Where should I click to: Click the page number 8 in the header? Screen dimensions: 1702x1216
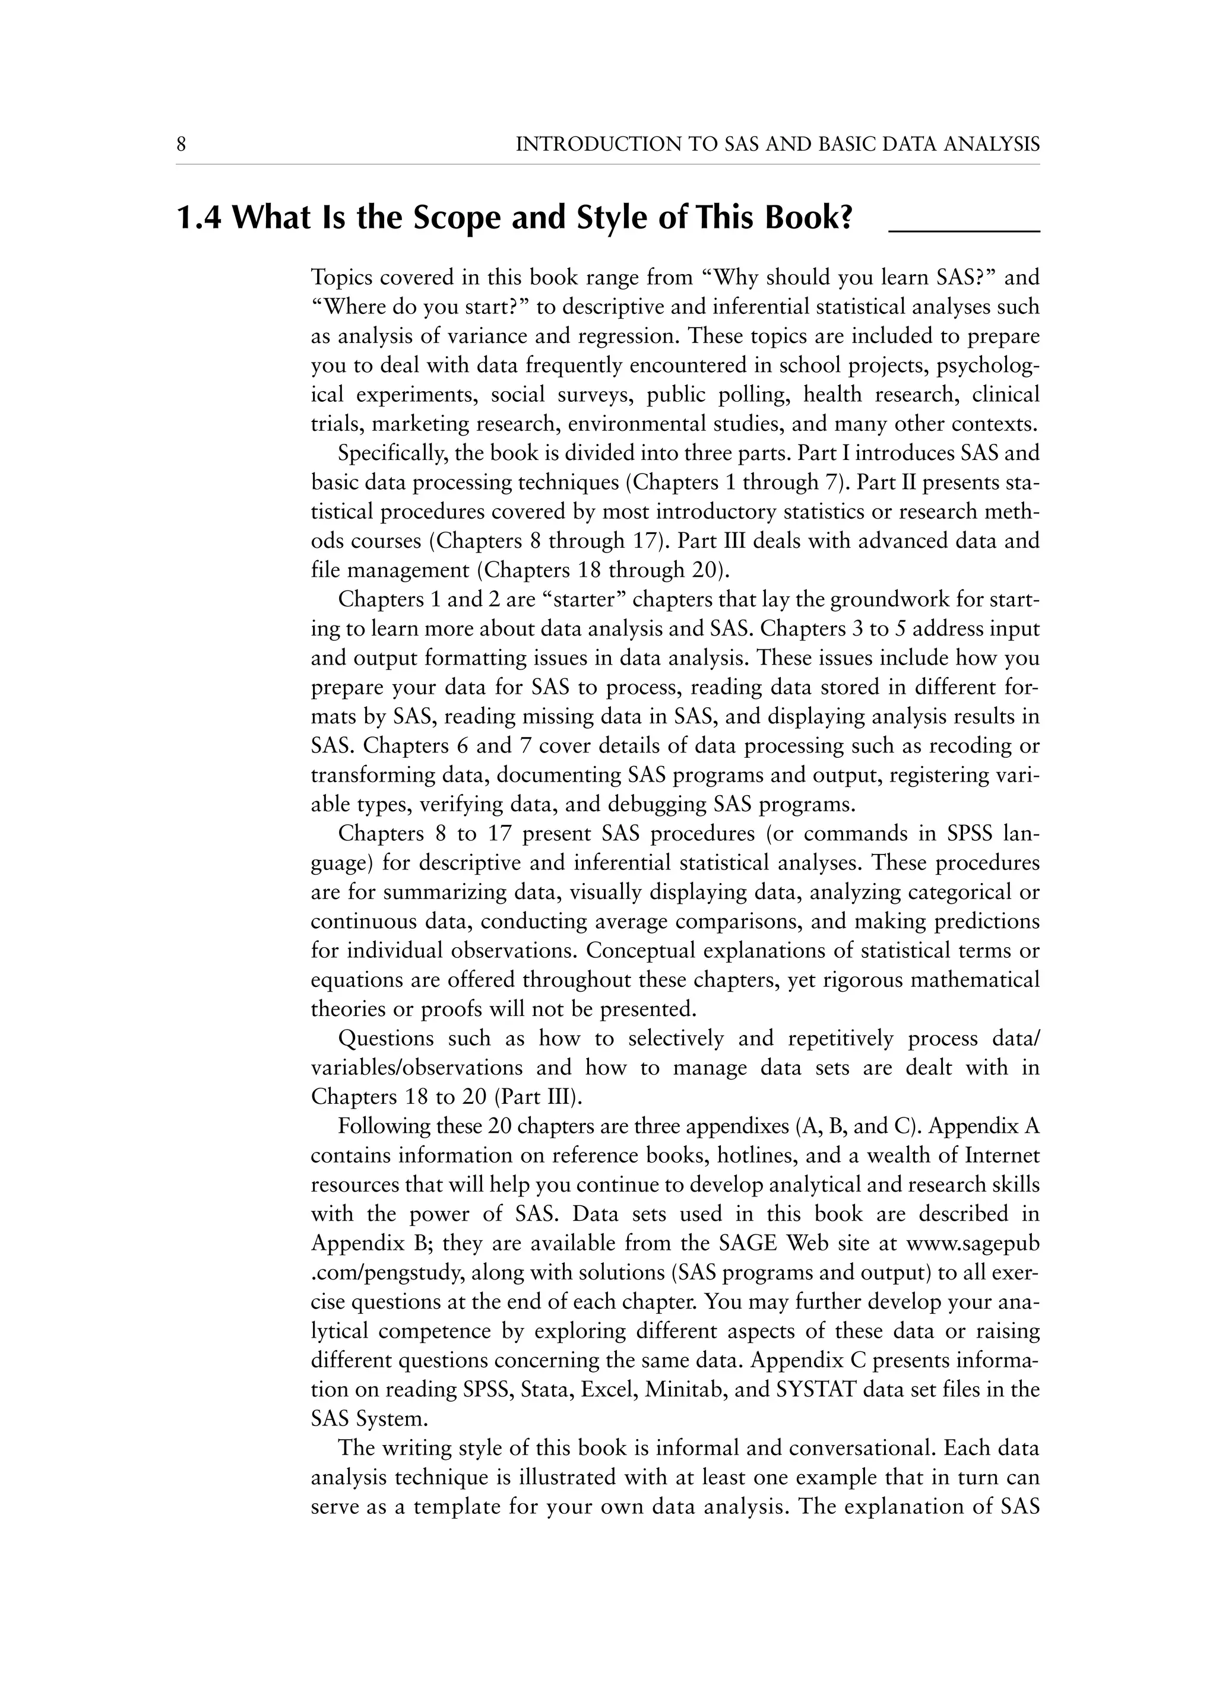[x=181, y=144]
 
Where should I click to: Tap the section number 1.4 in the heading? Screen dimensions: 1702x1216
[x=198, y=218]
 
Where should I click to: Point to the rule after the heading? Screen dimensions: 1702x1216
[x=964, y=232]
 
